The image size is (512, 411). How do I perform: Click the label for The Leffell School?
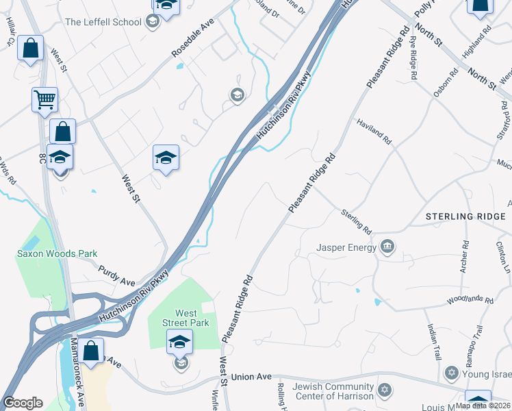(103, 22)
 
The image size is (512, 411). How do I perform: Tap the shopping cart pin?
(44, 100)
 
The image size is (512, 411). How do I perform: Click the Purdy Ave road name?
(116, 276)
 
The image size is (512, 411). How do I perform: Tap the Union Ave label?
(251, 377)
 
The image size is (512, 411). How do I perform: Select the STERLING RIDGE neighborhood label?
(465, 216)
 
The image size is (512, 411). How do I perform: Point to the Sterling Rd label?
(356, 221)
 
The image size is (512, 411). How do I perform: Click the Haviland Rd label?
(373, 131)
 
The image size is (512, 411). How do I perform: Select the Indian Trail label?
(434, 342)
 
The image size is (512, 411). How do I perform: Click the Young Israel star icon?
(450, 373)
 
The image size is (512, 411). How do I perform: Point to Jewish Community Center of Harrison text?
(333, 391)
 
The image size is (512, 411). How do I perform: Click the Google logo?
(23, 403)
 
